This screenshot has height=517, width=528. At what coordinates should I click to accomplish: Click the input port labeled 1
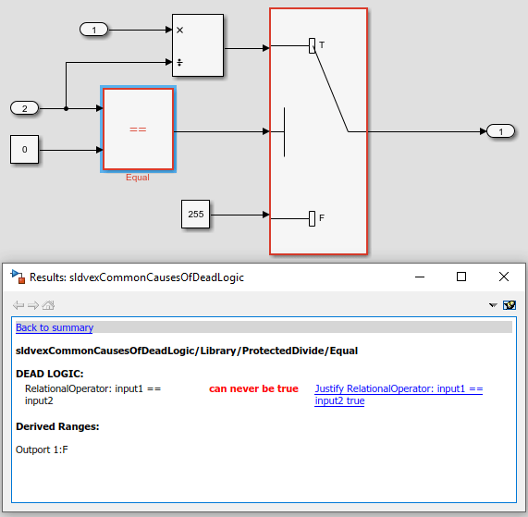(94, 30)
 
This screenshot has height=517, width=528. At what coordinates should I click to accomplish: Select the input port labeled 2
(25, 108)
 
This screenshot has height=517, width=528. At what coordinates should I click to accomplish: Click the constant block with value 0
(25, 150)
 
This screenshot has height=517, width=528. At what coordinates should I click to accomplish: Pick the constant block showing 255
(196, 215)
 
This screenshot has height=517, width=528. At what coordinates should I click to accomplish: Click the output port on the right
(501, 131)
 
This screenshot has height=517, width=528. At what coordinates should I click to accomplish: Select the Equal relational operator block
(138, 129)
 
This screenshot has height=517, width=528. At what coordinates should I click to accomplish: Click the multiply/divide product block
(198, 45)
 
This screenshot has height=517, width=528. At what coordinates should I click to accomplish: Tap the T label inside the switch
(322, 44)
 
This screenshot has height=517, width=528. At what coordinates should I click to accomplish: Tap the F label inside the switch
(322, 218)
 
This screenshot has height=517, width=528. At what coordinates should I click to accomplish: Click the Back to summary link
(55, 327)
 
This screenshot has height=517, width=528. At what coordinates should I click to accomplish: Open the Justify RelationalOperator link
(399, 395)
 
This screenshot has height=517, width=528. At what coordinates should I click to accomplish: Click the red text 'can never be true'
(253, 388)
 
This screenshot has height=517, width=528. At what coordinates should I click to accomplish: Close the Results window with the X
(504, 277)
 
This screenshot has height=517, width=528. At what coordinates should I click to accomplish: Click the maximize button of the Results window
(461, 277)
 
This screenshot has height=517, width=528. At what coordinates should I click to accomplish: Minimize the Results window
(420, 277)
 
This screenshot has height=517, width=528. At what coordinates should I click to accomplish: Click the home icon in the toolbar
(48, 305)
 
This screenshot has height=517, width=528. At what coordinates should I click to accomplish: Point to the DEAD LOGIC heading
(50, 374)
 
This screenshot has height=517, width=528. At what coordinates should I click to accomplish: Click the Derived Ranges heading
(57, 426)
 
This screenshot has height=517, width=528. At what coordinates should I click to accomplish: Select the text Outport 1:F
(42, 450)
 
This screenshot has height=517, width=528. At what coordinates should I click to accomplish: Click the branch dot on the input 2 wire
(66, 108)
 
